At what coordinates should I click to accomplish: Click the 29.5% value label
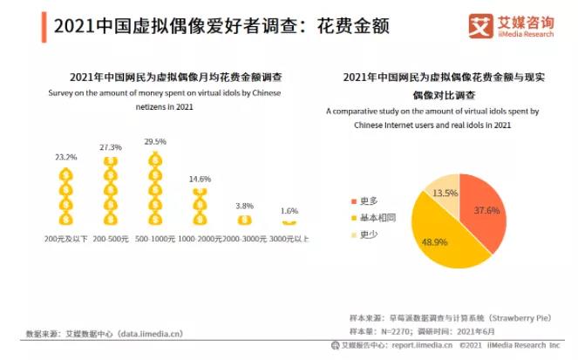[154, 141]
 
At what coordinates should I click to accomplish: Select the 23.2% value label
[65, 157]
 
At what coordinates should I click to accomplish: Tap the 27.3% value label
[110, 147]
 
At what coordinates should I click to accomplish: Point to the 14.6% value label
[200, 179]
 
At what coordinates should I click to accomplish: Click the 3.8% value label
[245, 206]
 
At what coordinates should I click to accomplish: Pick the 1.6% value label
[289, 211]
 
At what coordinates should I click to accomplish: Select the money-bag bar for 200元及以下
[65, 196]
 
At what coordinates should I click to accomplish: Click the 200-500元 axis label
[110, 237]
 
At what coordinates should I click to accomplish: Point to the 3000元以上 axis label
[290, 237]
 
